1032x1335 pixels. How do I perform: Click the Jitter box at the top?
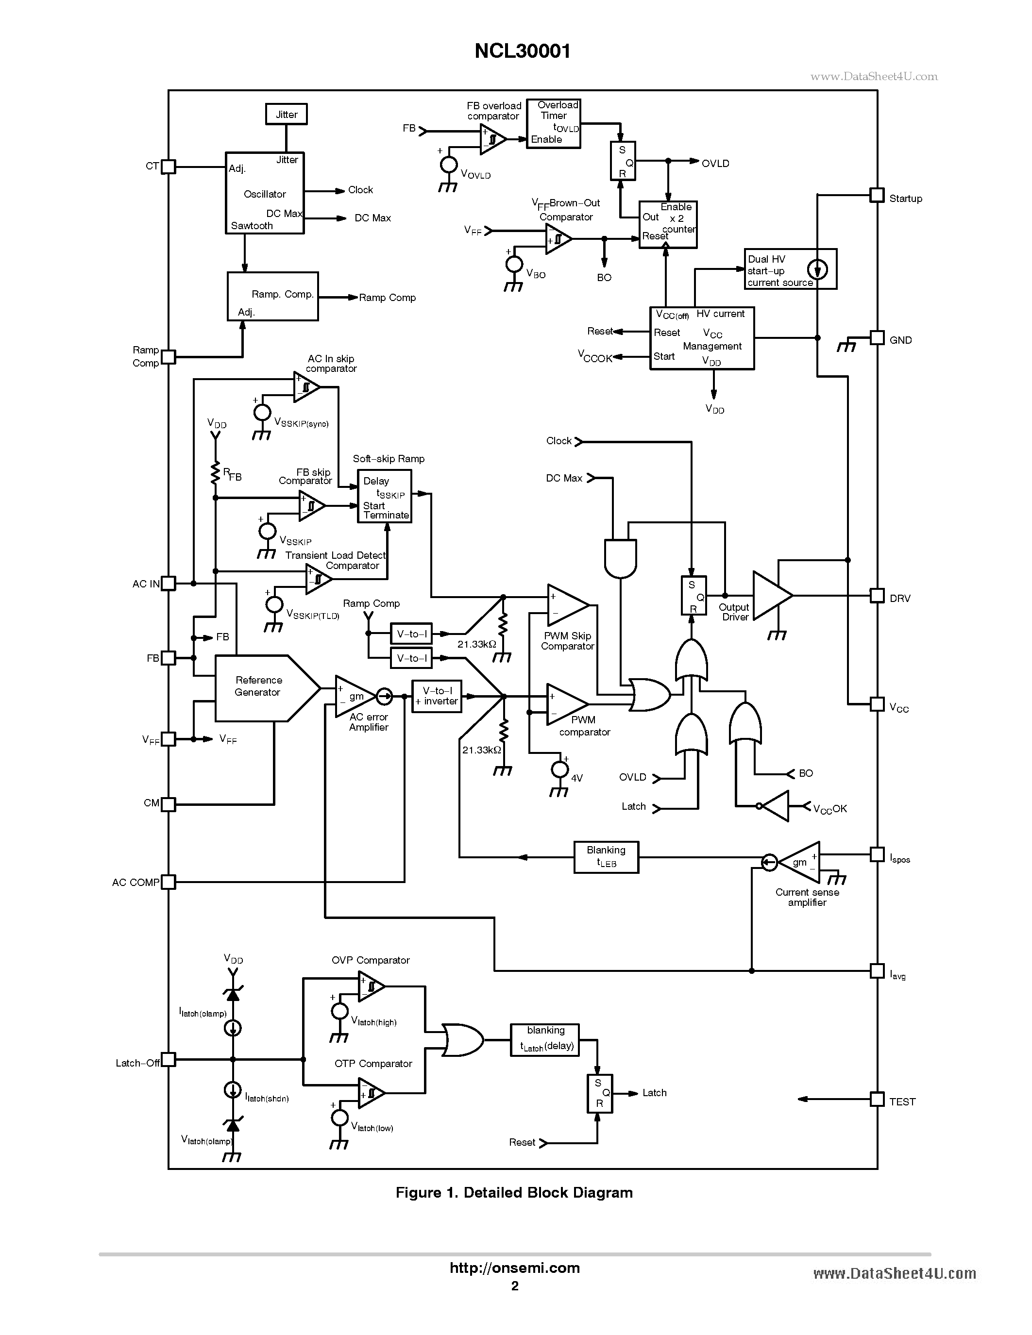(286, 114)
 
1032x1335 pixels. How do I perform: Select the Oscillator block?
(264, 193)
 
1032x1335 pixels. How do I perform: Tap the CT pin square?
(168, 166)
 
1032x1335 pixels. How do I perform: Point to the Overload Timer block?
(553, 123)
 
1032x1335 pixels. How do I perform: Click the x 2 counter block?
(668, 224)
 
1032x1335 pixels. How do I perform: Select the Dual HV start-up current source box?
(790, 269)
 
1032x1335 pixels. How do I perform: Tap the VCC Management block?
(701, 338)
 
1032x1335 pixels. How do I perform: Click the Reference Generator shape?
(263, 688)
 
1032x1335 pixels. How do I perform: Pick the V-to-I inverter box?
(437, 696)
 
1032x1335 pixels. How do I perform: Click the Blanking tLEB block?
(606, 857)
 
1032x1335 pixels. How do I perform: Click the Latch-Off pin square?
(168, 1059)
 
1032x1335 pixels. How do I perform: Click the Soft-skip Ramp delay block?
(384, 496)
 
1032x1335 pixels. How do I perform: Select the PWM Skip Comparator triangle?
(565, 605)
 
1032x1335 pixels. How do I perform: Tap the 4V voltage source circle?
(559, 769)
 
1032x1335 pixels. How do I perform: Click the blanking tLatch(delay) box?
(545, 1040)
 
